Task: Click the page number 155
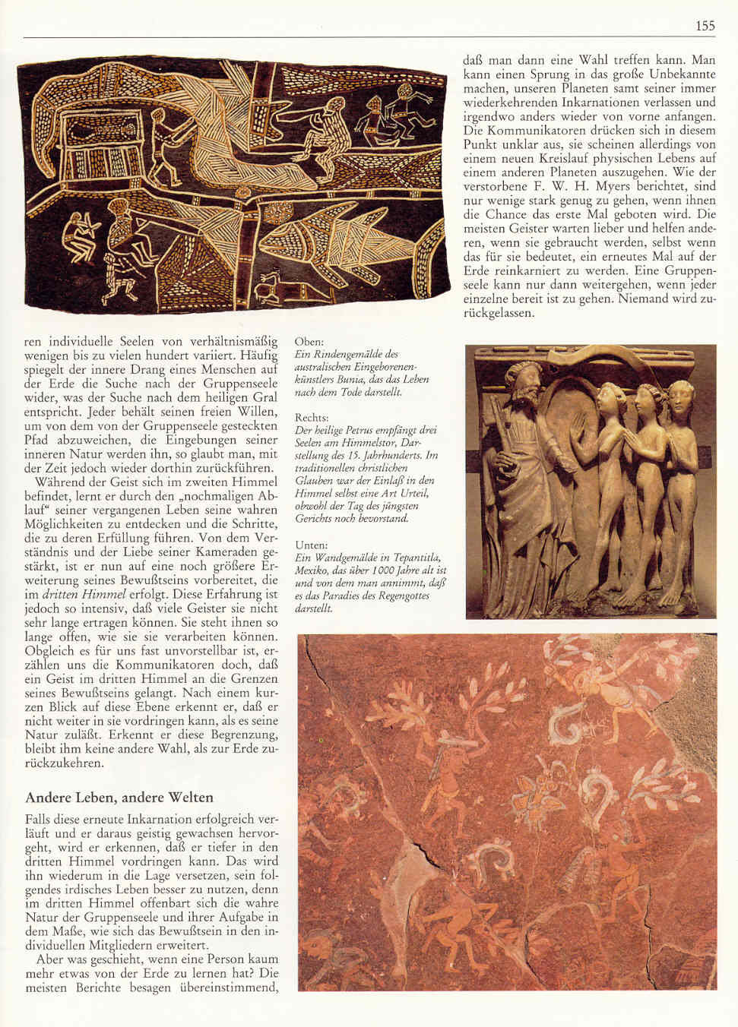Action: click(705, 26)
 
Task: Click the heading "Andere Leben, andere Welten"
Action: click(119, 798)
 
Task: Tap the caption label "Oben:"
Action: click(309, 342)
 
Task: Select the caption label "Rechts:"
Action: click(312, 417)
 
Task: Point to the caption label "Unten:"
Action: click(311, 545)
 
